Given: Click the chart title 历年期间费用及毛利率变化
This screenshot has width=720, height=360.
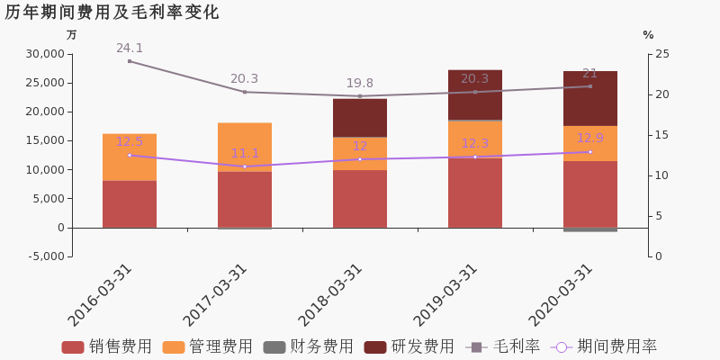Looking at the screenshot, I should tap(112, 13).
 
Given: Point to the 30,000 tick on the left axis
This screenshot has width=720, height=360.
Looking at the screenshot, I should tap(42, 54).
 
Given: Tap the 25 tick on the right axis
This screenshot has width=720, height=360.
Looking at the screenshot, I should tap(661, 54).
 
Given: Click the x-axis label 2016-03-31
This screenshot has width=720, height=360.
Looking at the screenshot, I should tap(101, 295).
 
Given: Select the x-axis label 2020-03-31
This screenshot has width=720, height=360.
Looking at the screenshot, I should tap(562, 295).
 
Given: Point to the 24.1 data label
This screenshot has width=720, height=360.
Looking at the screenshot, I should tap(130, 49).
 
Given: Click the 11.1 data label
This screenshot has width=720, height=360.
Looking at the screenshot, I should tap(245, 154).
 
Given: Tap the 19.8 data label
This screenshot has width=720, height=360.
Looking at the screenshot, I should tap(360, 84).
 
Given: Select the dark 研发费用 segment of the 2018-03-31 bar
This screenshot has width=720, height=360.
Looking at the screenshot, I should tap(360, 118).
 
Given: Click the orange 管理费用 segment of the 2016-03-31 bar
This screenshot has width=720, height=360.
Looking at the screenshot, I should tap(130, 157).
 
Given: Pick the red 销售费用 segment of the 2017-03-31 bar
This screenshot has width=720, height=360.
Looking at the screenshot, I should tap(245, 199).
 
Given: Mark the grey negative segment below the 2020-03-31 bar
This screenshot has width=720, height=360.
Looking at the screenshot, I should tap(590, 229).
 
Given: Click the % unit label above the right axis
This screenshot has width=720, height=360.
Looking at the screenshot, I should tap(648, 35).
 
